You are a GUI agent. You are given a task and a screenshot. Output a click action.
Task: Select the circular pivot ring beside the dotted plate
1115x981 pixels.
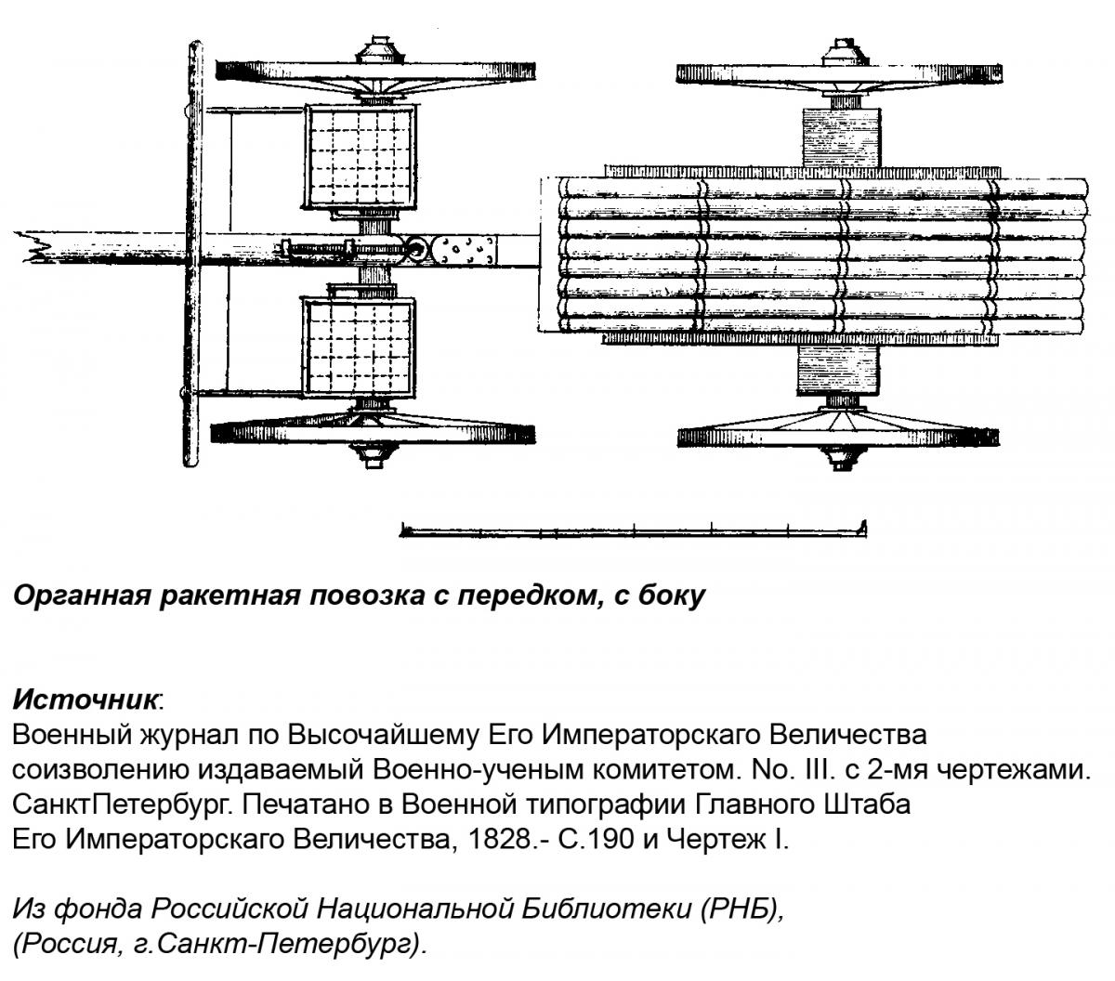tap(416, 249)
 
